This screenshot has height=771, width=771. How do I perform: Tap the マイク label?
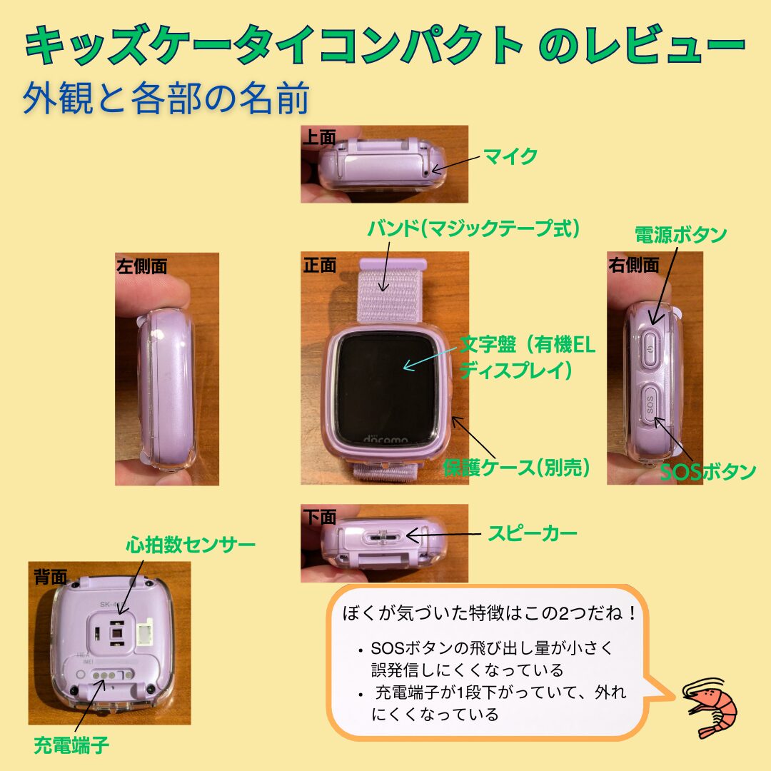[510, 156]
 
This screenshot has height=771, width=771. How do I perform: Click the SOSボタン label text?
[707, 472]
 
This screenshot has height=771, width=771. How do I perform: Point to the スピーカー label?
[532, 533]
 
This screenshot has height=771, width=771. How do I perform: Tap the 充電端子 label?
[71, 746]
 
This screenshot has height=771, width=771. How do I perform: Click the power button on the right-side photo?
[650, 347]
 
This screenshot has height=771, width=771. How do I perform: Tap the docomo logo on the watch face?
[386, 438]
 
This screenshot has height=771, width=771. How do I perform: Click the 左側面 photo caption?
[141, 266]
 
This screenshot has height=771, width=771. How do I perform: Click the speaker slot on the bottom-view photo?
[383, 536]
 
